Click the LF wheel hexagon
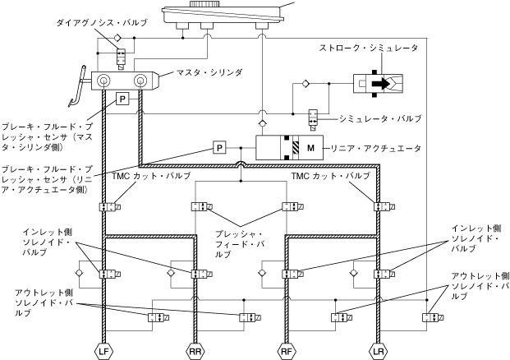point(104,350)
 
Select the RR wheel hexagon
point(196,350)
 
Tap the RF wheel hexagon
point(287,350)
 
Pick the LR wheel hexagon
point(378,350)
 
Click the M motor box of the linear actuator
point(310,148)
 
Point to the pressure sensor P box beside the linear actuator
point(219,148)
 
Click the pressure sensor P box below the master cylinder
point(122,99)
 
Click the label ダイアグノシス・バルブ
point(101,23)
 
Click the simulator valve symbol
point(314,117)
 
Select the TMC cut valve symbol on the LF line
point(107,207)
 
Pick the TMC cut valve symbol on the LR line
point(379,207)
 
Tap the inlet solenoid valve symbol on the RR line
point(198,274)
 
